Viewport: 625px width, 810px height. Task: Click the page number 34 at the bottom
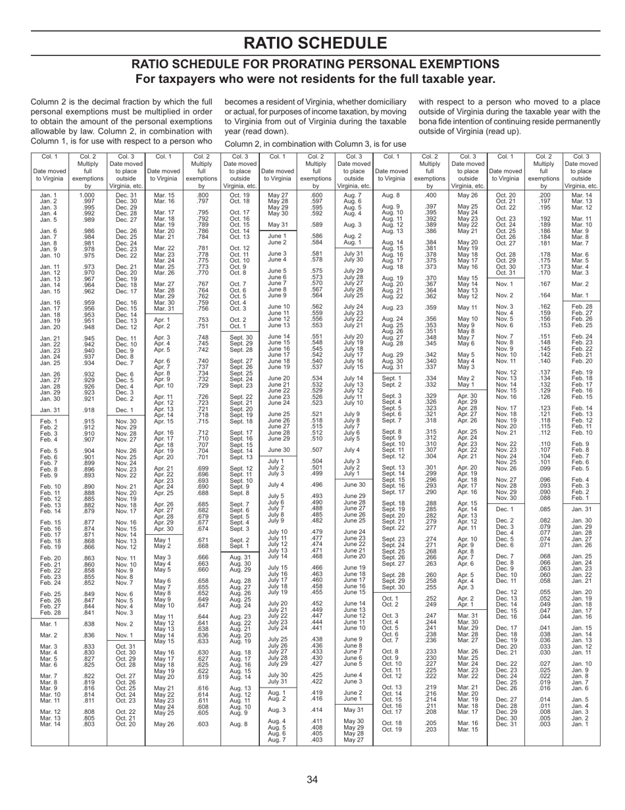coord(312,780)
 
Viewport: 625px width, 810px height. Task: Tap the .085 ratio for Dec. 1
coord(544,490)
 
